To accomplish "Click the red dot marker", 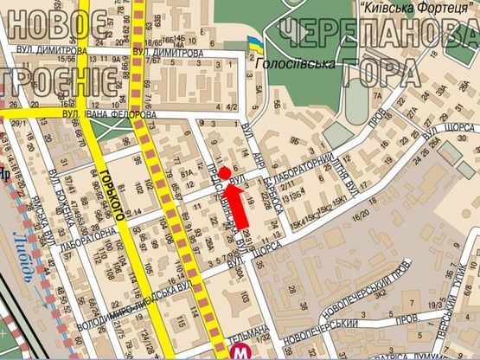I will click(225, 174).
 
